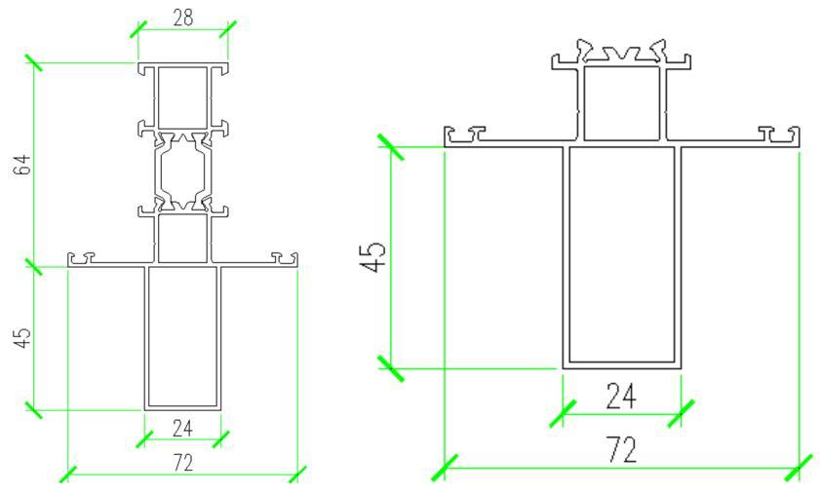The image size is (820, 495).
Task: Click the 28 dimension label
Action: [x=182, y=18]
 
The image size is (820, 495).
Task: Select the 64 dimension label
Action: [x=23, y=165]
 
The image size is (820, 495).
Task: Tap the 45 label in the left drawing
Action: [x=23, y=338]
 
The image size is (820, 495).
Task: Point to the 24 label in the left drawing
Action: [x=182, y=429]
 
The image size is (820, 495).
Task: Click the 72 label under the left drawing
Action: [x=182, y=463]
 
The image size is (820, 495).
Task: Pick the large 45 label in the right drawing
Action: [x=373, y=256]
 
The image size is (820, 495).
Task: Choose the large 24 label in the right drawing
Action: [x=621, y=396]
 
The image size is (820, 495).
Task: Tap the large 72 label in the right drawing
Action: [x=622, y=449]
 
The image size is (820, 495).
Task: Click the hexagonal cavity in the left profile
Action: [x=183, y=171]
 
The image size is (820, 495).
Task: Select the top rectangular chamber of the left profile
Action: [x=182, y=97]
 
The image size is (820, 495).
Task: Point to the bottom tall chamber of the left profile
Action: [x=182, y=336]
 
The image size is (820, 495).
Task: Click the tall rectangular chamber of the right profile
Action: [x=622, y=254]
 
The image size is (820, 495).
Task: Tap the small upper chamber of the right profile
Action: [x=621, y=103]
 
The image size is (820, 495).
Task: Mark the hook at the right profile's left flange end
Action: [x=464, y=134]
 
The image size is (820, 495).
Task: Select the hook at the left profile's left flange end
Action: [x=82, y=258]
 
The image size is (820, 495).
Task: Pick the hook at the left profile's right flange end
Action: [x=285, y=258]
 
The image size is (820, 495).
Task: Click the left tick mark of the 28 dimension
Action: [x=138, y=29]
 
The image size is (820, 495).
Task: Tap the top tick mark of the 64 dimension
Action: [x=33, y=62]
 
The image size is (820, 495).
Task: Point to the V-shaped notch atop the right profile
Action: [x=621, y=54]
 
